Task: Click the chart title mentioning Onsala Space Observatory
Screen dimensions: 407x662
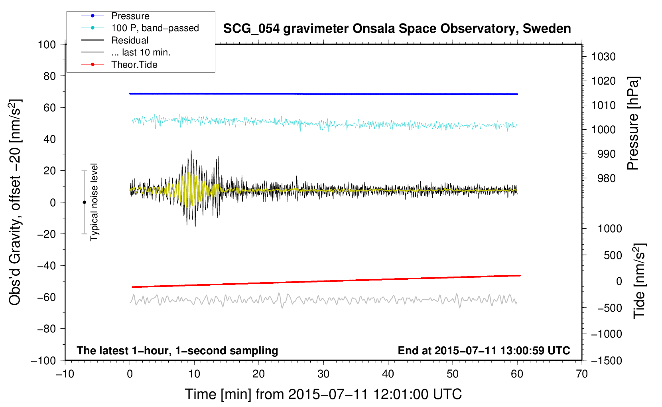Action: [x=397, y=29]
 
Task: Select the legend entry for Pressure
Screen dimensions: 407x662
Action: [x=130, y=16]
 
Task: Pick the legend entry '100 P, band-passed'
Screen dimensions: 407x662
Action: [x=155, y=28]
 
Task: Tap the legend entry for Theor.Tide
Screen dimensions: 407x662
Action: [x=134, y=65]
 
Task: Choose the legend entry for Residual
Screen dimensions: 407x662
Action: [x=130, y=40]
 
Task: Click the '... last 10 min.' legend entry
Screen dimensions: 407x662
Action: [x=141, y=52]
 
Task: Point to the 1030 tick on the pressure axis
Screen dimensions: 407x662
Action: [x=603, y=57]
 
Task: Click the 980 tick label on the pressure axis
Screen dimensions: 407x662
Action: [x=603, y=178]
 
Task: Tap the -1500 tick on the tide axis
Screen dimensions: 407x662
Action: [x=607, y=361]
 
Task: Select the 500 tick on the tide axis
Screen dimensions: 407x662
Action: [x=613, y=255]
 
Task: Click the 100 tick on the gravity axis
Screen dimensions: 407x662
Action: [x=47, y=44]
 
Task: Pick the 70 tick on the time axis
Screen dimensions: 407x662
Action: [x=582, y=374]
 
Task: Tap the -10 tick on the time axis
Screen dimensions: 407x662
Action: [x=65, y=374]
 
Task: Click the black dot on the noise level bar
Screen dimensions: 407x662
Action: [x=84, y=202]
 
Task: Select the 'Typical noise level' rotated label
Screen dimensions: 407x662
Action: [x=94, y=202]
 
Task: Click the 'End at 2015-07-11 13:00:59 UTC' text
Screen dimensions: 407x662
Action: [x=484, y=351]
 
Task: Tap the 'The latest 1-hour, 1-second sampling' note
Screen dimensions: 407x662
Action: [x=177, y=351]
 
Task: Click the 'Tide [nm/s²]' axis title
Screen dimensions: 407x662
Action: [x=639, y=281]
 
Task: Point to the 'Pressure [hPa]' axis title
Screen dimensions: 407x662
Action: [x=633, y=123]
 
